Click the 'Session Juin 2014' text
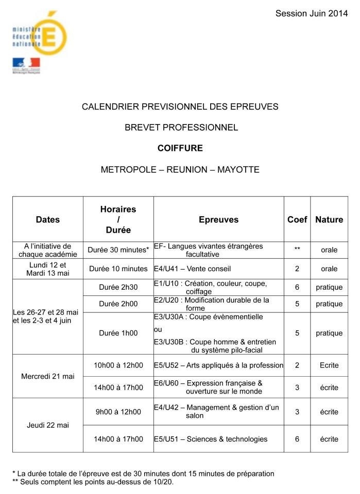[311, 13]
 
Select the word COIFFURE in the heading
[180, 148]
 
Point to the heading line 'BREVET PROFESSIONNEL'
[181, 127]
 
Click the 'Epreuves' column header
[218, 219]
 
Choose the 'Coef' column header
[297, 219]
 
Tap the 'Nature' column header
[329, 219]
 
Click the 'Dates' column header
[48, 219]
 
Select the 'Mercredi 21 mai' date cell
[48, 376]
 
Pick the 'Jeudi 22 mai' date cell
[48, 425]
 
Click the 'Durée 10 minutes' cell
[118, 269]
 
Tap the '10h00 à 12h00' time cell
[118, 365]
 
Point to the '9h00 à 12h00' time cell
[118, 412]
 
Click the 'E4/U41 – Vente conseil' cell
[193, 269]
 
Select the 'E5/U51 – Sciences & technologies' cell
[211, 439]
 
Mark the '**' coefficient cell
[297, 250]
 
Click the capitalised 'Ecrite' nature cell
[329, 365]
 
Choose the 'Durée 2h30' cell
[118, 287]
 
